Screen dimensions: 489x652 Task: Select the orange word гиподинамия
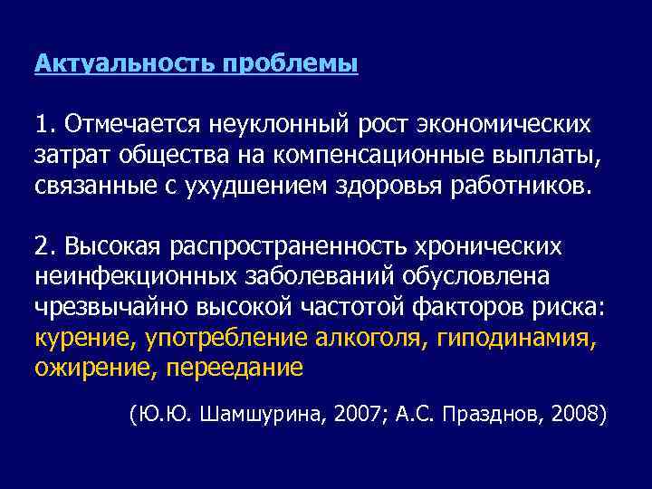[x=515, y=339]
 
